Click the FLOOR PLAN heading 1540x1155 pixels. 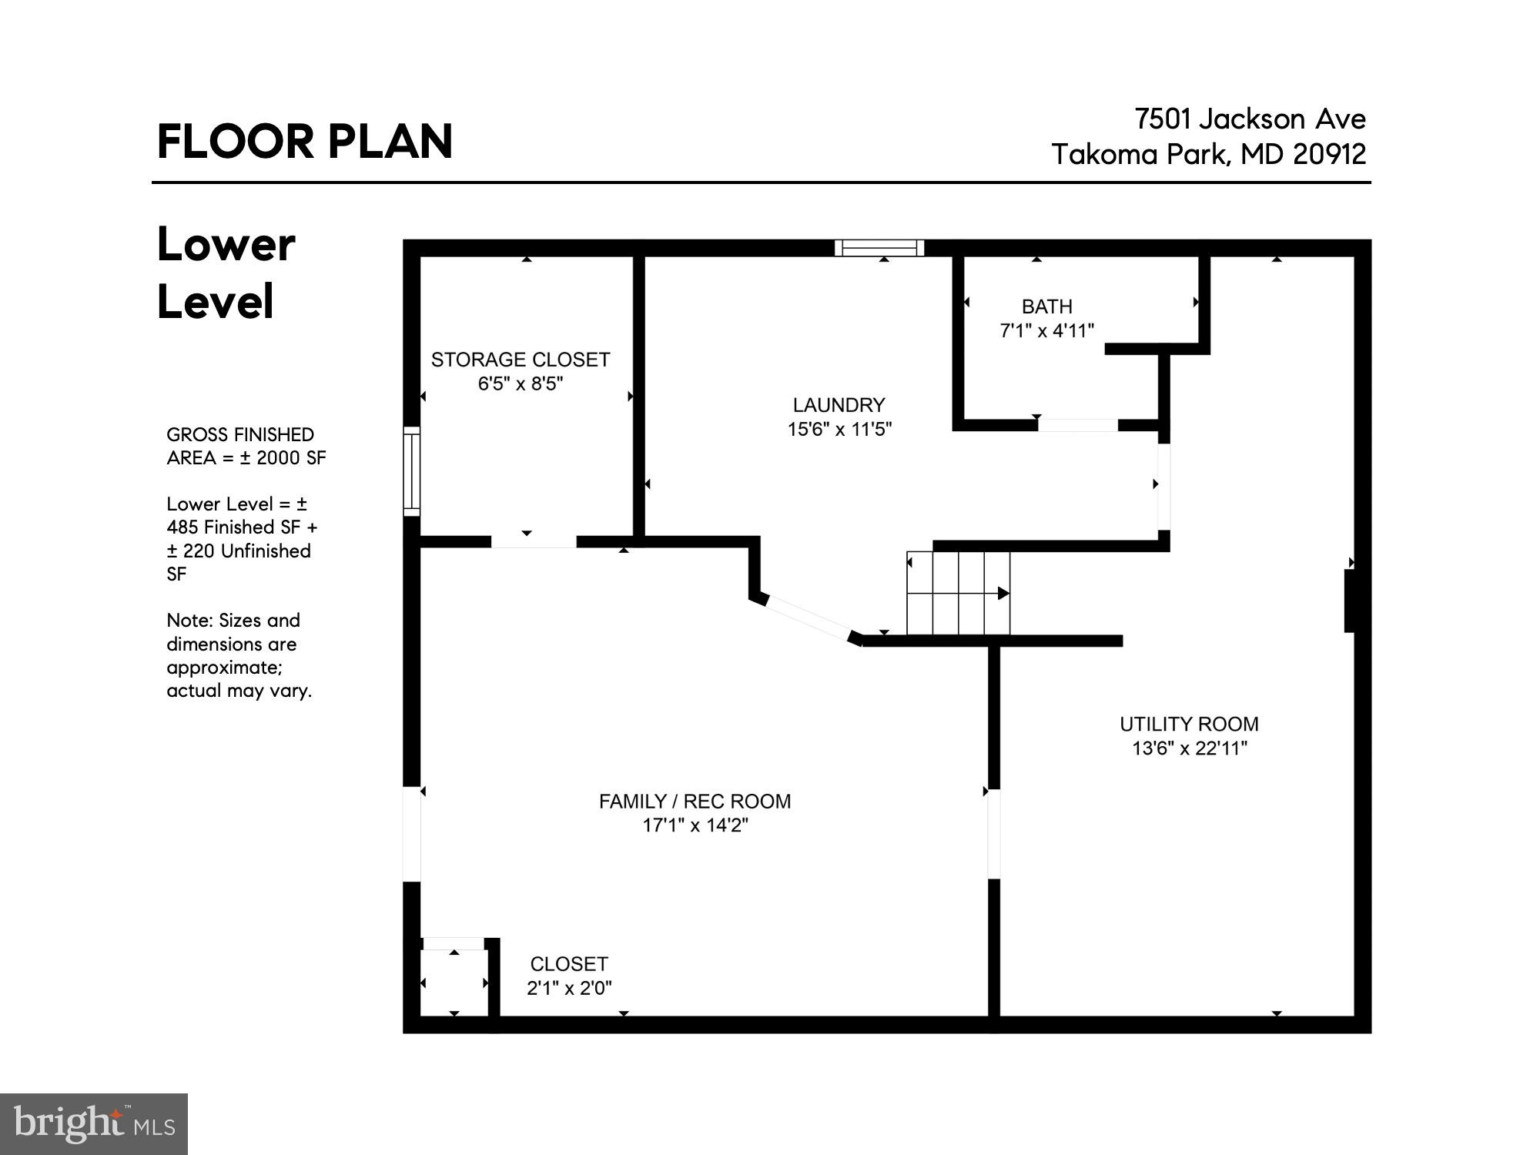coord(305,142)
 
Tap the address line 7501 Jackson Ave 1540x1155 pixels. coord(1250,119)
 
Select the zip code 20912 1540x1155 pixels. coord(1330,155)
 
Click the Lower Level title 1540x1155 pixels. coord(226,273)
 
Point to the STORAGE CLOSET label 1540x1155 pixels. coord(520,360)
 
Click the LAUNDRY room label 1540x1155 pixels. coord(839,405)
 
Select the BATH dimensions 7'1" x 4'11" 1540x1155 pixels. coord(1046,331)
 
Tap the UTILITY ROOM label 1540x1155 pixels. coord(1188,725)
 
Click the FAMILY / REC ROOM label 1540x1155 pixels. coord(695,802)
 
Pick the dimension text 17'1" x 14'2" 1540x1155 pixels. coord(695,825)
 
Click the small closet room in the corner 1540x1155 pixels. coord(454,983)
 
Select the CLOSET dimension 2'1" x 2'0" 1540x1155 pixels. coord(569,988)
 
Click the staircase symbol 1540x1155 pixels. coord(958,593)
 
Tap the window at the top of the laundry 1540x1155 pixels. coord(879,248)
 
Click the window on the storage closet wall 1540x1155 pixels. coord(412,470)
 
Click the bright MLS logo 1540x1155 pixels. coord(93,1124)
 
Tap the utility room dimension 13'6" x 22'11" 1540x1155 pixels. coord(1189,748)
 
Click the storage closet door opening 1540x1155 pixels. coord(533,542)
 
